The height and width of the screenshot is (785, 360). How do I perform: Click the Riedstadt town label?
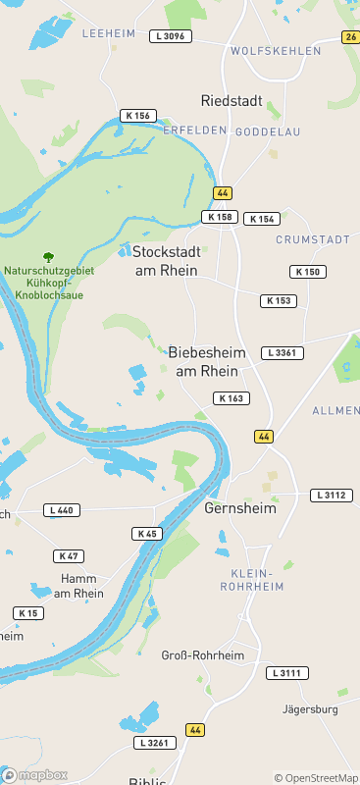pyautogui.click(x=231, y=100)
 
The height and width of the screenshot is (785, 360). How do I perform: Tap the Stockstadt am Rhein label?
pyautogui.click(x=166, y=260)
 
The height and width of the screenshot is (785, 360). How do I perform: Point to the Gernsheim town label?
pyautogui.click(x=240, y=508)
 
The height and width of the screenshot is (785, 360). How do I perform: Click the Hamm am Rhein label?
pyautogui.click(x=78, y=586)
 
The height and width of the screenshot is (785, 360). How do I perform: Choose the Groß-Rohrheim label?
pyautogui.click(x=202, y=654)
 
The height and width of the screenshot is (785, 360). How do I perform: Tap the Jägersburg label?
pyautogui.click(x=309, y=708)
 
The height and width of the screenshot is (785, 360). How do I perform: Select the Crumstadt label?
pyautogui.click(x=313, y=239)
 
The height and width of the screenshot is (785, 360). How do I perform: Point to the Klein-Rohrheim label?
pyautogui.click(x=256, y=579)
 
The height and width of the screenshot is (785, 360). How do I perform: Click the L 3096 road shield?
pyautogui.click(x=171, y=36)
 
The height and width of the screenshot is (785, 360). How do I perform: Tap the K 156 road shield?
pyautogui.click(x=138, y=116)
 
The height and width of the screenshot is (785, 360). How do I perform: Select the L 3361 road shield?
pyautogui.click(x=283, y=352)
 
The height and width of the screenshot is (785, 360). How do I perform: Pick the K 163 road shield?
pyautogui.click(x=231, y=397)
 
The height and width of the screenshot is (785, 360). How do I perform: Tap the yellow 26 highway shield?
pyautogui.click(x=351, y=37)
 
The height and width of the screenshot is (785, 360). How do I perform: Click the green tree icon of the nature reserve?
pyautogui.click(x=49, y=256)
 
